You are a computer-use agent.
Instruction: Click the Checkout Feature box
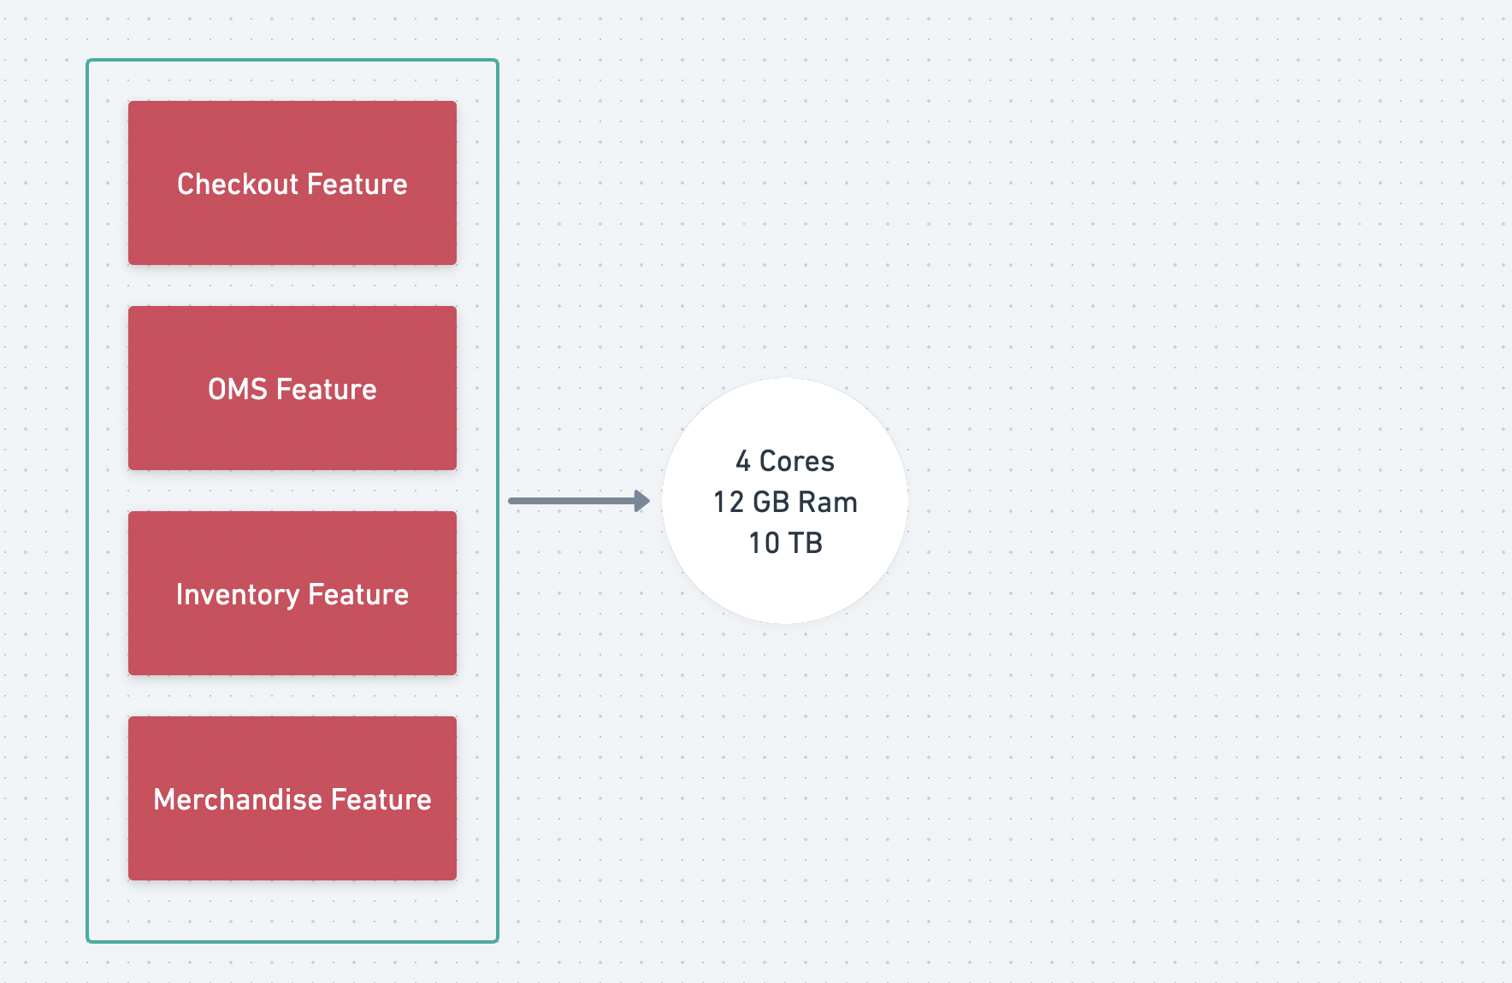click(292, 183)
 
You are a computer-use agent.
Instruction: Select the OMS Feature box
click(292, 388)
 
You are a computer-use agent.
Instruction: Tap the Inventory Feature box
click(292, 593)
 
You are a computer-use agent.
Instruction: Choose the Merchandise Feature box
click(292, 798)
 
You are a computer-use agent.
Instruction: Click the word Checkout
click(238, 184)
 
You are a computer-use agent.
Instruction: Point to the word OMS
click(238, 390)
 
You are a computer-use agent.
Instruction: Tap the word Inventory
click(238, 595)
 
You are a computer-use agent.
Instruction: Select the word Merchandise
click(238, 800)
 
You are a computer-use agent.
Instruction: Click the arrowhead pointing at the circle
click(642, 501)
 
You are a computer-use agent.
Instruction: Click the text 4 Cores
click(785, 462)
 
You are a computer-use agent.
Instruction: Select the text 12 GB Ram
click(785, 503)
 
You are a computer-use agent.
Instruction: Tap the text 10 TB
click(785, 544)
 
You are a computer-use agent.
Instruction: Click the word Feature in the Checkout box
click(357, 184)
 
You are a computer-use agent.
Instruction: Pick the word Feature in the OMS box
click(327, 390)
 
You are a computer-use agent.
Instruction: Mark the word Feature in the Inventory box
click(358, 595)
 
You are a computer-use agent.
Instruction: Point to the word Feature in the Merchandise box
click(381, 800)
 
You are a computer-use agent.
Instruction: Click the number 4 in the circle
click(743, 462)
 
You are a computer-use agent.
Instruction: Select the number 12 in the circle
click(729, 503)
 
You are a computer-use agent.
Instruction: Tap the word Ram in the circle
click(828, 503)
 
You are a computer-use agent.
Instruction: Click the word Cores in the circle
click(797, 462)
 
